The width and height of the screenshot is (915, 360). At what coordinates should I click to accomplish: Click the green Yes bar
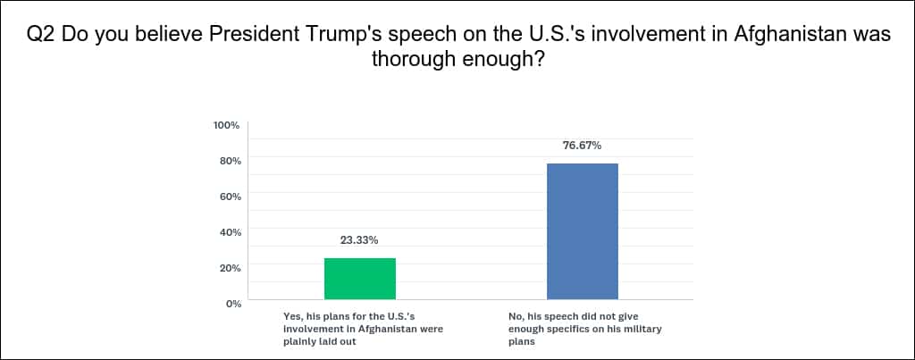pyautogui.click(x=359, y=279)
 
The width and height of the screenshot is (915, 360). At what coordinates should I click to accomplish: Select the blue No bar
pyautogui.click(x=582, y=231)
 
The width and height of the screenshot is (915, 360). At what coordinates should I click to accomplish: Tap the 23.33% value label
pyautogui.click(x=359, y=240)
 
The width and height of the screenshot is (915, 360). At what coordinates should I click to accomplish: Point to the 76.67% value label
pyautogui.click(x=582, y=146)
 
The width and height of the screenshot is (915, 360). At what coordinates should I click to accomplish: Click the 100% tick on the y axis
pyautogui.click(x=227, y=125)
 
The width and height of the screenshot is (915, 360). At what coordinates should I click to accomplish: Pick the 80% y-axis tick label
pyautogui.click(x=230, y=161)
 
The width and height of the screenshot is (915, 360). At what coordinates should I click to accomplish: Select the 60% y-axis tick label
pyautogui.click(x=230, y=197)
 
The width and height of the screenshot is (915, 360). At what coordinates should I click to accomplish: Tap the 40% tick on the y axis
pyautogui.click(x=230, y=232)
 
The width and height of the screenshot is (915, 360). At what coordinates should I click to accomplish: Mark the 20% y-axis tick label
pyautogui.click(x=230, y=268)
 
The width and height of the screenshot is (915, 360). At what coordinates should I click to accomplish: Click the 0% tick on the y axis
pyautogui.click(x=233, y=304)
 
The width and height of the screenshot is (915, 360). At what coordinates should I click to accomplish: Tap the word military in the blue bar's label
pyautogui.click(x=636, y=329)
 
